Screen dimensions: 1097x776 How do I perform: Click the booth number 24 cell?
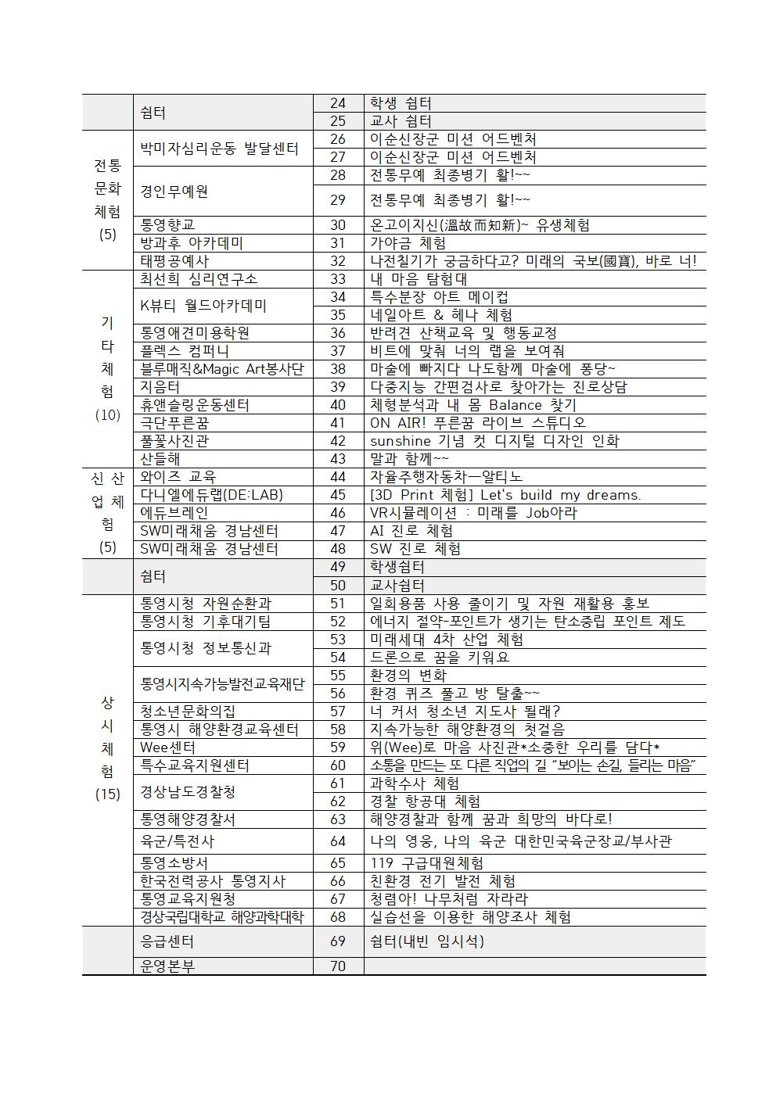(338, 103)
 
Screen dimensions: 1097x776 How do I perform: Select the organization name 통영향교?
(168, 225)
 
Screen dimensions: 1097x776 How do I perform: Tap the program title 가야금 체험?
(408, 243)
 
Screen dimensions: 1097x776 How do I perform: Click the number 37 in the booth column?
(338, 351)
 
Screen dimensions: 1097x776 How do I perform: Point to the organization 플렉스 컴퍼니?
(185, 351)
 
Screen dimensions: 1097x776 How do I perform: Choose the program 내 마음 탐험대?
(419, 279)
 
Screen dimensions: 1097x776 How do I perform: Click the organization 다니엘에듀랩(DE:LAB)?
(211, 495)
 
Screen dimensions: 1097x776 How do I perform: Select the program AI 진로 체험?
(411, 531)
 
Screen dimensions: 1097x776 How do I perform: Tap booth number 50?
(338, 586)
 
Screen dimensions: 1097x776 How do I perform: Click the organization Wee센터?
(167, 747)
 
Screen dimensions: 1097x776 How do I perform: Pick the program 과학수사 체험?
(415, 783)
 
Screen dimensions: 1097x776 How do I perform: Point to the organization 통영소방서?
(174, 863)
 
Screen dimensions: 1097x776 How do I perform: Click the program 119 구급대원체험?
(426, 863)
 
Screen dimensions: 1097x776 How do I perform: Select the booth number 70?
(338, 966)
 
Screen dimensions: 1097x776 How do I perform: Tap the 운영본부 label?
(167, 966)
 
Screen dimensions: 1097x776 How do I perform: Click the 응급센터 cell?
(167, 941)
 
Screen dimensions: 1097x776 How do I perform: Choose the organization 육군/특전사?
(178, 841)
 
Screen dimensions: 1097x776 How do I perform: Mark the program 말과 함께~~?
(409, 459)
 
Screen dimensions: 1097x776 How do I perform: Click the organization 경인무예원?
(174, 192)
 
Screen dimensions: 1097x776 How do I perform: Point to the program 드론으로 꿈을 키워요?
(440, 658)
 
